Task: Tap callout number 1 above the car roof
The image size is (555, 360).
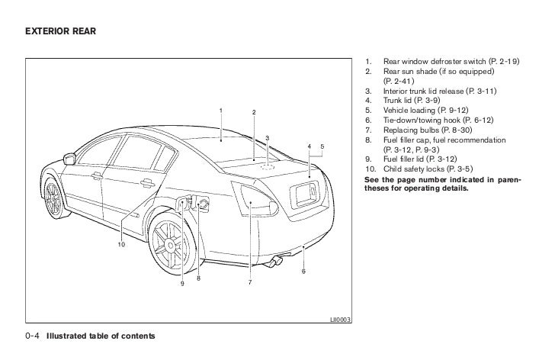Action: [221, 111]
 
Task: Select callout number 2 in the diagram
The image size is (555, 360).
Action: [253, 114]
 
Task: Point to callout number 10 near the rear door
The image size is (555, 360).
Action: [120, 244]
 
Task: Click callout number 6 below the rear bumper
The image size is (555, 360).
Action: [303, 272]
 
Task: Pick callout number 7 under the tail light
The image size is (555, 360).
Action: [249, 283]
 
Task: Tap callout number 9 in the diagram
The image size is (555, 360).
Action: [182, 284]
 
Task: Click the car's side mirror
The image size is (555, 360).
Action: [71, 159]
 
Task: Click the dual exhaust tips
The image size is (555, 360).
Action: [274, 263]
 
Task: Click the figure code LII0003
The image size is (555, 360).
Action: [340, 320]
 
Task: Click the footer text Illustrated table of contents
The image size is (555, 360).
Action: [101, 336]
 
